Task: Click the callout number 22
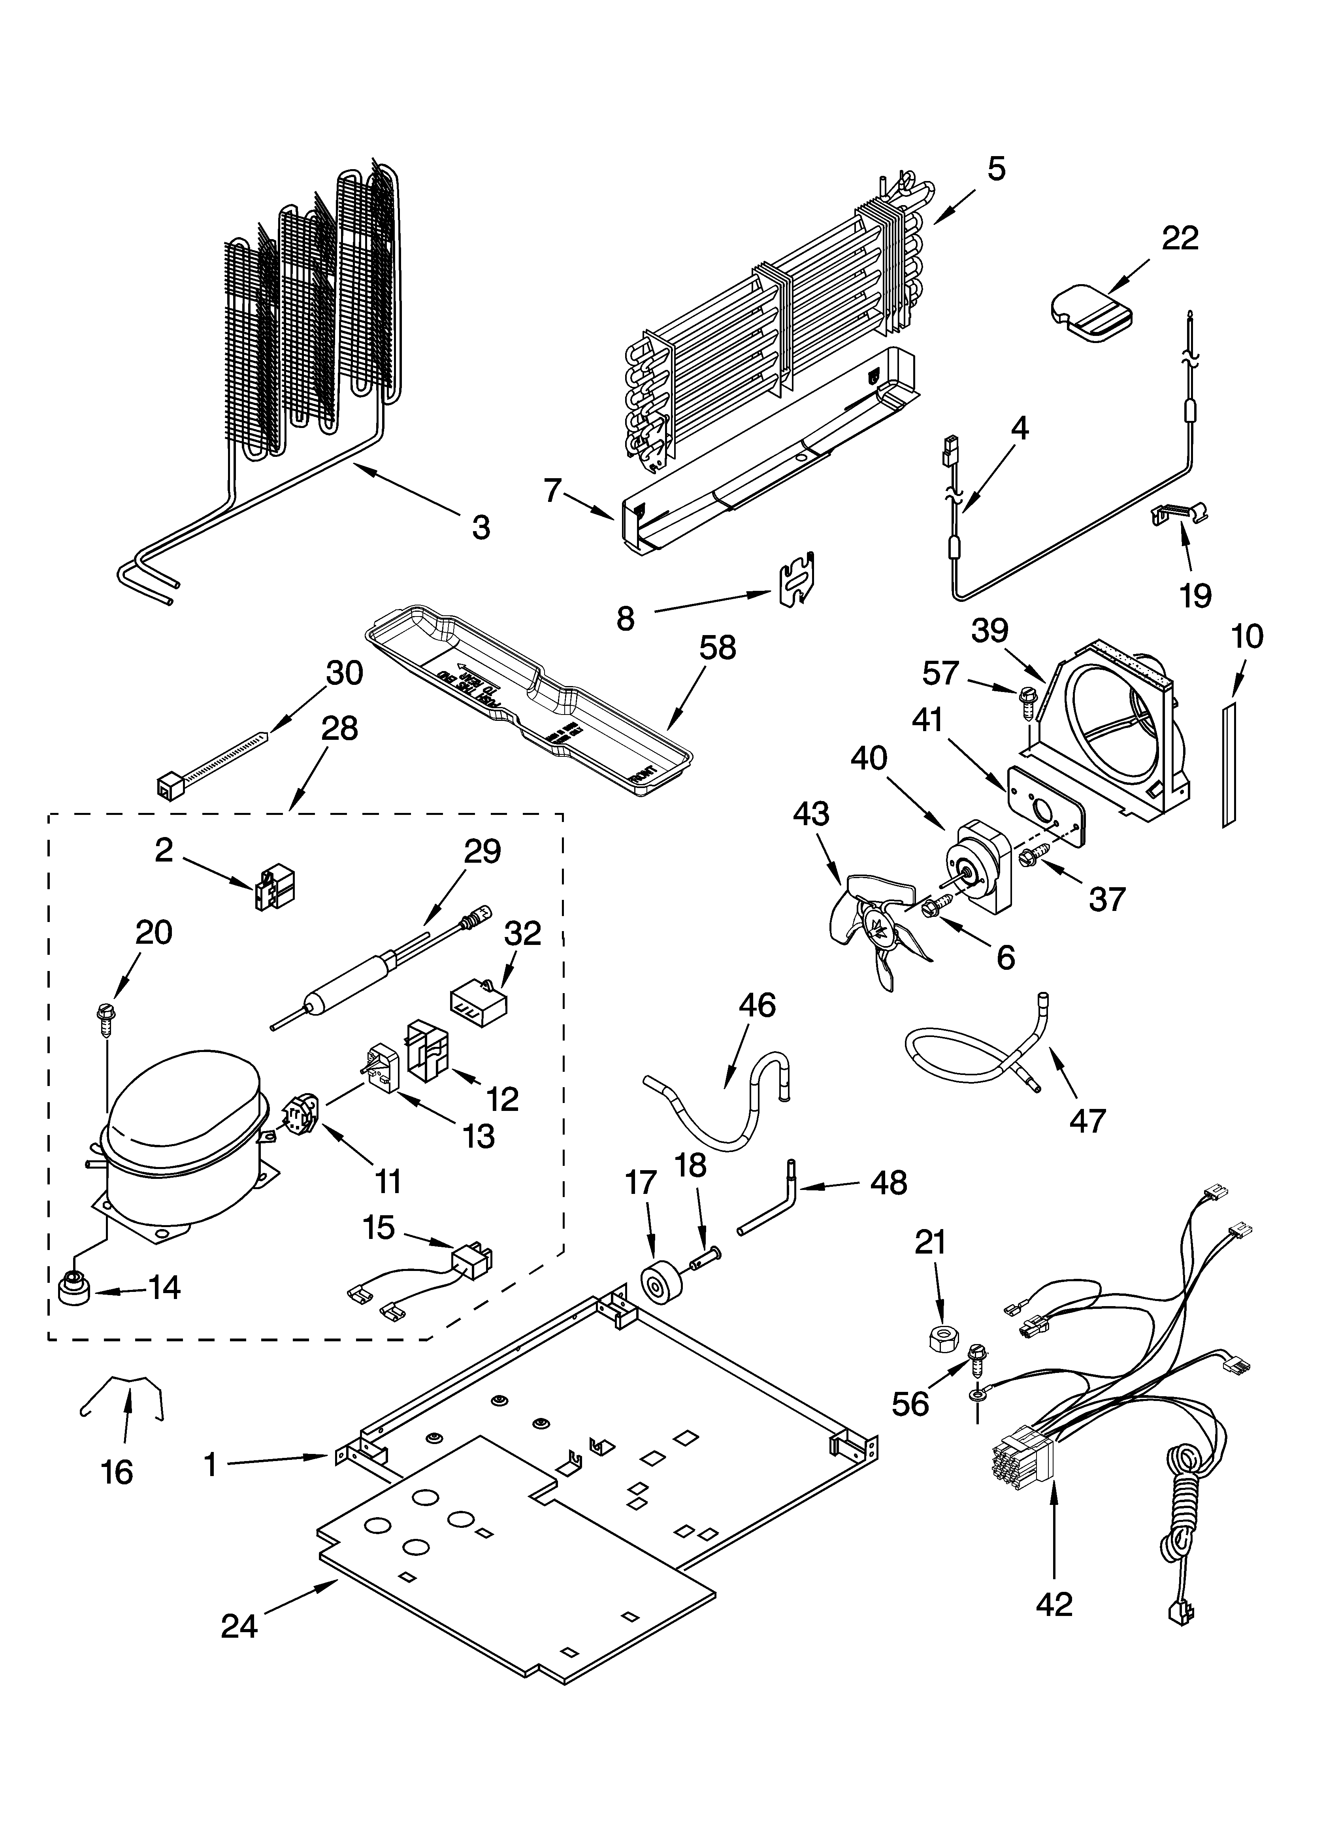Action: (1180, 238)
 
